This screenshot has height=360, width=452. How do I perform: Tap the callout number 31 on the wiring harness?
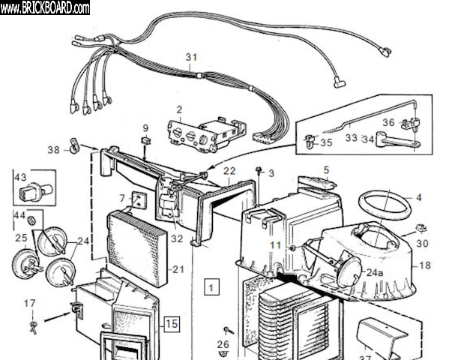[x=191, y=57]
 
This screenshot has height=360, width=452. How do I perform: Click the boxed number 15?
[x=172, y=325]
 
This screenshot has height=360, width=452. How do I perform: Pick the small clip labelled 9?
[x=146, y=141]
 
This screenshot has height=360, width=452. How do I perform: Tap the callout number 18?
[x=424, y=265]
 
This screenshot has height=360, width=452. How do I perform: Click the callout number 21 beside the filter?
[x=178, y=270]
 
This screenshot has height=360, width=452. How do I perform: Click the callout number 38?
[x=52, y=150]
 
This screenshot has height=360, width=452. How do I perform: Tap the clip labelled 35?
[x=309, y=140]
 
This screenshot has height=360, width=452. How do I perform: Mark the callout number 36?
[x=388, y=123]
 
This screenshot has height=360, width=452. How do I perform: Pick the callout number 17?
[x=29, y=303]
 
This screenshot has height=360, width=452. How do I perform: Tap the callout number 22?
[x=229, y=171]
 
